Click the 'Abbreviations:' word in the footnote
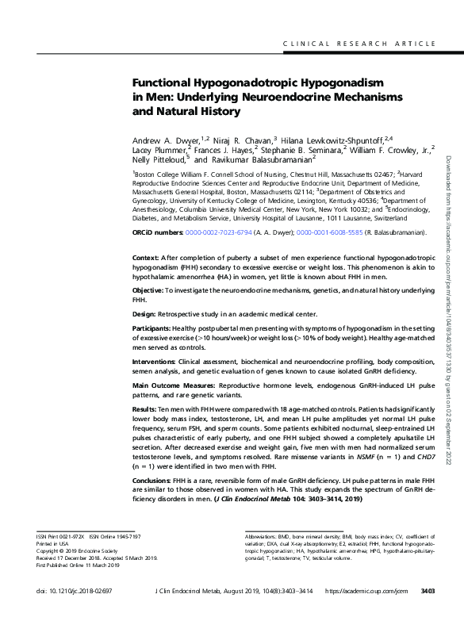pos(264,537)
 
